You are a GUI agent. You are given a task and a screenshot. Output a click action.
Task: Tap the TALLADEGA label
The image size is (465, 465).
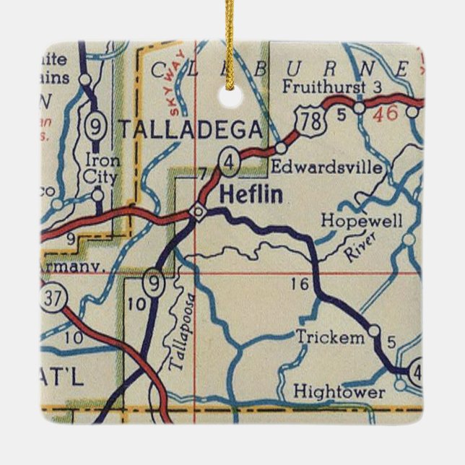click(190, 130)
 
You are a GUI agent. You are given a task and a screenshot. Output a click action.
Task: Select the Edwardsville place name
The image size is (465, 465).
click(326, 168)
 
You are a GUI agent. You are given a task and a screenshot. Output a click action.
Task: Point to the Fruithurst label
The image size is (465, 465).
click(321, 89)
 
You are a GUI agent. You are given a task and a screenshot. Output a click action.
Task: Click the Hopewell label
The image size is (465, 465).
click(361, 221)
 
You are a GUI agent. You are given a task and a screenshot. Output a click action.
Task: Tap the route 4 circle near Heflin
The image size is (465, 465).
click(228, 164)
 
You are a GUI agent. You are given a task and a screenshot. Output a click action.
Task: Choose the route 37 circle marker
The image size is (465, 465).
click(51, 301)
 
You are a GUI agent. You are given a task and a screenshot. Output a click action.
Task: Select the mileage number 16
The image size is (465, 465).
click(300, 284)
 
